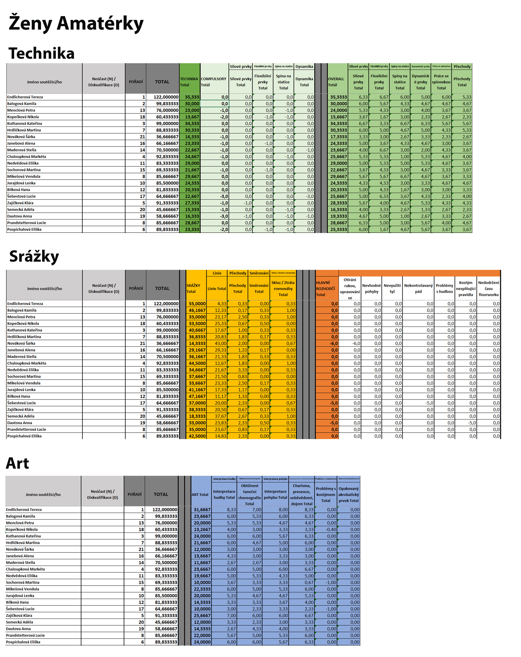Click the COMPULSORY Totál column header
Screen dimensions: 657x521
pyautogui.click(x=214, y=82)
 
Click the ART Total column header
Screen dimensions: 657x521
pyautogui.click(x=200, y=495)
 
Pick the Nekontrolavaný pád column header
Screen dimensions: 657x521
pyautogui.click(x=418, y=288)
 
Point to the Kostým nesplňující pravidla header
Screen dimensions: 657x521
pyautogui.click(x=466, y=288)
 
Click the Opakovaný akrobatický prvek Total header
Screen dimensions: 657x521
pyautogui.click(x=349, y=495)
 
